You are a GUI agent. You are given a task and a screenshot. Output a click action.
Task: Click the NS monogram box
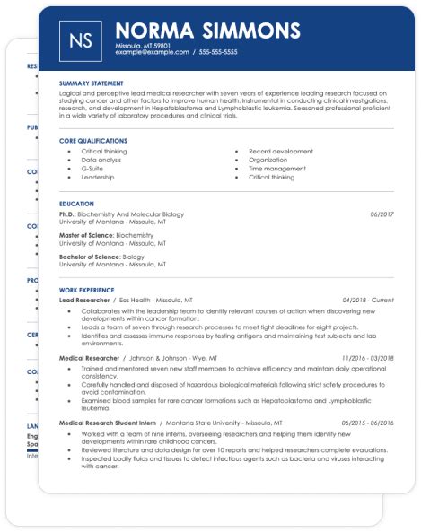pyautogui.click(x=79, y=39)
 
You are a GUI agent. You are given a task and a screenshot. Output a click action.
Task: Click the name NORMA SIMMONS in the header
pyautogui.click(x=207, y=31)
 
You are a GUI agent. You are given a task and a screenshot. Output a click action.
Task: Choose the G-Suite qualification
pyautogui.click(x=92, y=169)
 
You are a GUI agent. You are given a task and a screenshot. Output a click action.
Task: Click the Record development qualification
pyautogui.click(x=281, y=151)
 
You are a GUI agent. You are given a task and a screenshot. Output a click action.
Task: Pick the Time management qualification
pyautogui.click(x=276, y=169)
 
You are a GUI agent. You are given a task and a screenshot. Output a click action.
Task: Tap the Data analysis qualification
pyautogui.click(x=101, y=160)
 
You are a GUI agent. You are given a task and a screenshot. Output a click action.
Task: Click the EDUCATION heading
pyautogui.click(x=77, y=204)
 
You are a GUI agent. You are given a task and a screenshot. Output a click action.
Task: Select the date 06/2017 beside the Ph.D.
pyautogui.click(x=382, y=215)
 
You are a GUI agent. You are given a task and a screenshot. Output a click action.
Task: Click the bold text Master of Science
pyautogui.click(x=87, y=234)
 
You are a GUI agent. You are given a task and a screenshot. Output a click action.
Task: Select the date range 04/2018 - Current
pyautogui.click(x=368, y=300)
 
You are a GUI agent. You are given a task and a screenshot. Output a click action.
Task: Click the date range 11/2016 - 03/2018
pyautogui.click(x=367, y=357)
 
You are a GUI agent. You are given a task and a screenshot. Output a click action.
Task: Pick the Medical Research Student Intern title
pyautogui.click(x=108, y=422)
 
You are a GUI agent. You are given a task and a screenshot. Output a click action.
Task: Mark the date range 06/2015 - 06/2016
pyautogui.click(x=367, y=422)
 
